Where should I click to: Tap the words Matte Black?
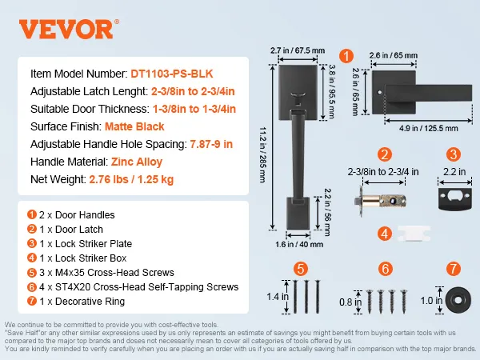coord(132,126)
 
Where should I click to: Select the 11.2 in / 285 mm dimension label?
coord(262,156)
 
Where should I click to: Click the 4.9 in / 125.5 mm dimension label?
coord(430,126)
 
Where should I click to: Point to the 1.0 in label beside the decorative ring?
coord(426,300)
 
